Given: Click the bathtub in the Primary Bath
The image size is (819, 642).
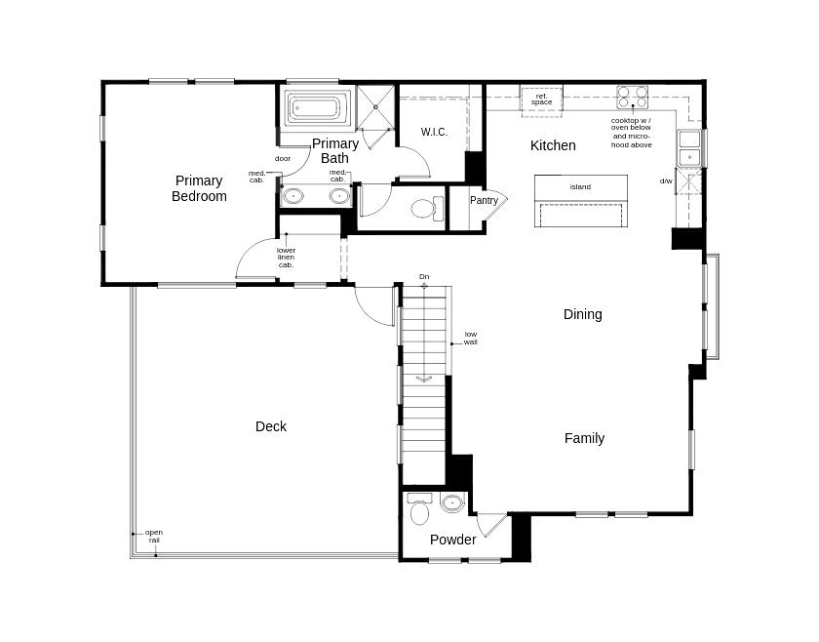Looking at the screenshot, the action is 318,108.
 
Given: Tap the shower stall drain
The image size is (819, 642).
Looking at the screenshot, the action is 375,107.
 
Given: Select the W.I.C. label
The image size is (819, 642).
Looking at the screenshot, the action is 434,132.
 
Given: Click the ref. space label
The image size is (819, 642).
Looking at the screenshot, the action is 542,100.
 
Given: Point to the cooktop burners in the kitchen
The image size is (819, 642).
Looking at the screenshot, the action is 633,98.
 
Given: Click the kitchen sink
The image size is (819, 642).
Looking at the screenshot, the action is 689,147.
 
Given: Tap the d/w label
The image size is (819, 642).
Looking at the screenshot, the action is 666,181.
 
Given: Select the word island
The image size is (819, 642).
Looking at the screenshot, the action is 580,186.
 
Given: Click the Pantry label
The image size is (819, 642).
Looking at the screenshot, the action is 484,200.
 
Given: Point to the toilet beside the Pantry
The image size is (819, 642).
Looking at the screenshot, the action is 427,209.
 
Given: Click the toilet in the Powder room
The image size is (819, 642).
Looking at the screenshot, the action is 419,508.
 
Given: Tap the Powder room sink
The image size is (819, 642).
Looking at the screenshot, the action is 452,503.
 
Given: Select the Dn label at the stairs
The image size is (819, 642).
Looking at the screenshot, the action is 424,276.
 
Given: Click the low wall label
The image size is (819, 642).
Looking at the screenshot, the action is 471,338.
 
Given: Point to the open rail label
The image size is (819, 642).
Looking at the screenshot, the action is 154,537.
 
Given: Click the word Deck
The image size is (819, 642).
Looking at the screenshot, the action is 271,426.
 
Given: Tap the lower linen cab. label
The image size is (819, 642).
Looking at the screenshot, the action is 286,258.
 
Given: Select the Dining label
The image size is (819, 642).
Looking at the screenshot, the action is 582,314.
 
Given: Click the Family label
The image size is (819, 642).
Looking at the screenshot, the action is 584,438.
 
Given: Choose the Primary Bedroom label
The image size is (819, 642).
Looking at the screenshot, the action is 199,188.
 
